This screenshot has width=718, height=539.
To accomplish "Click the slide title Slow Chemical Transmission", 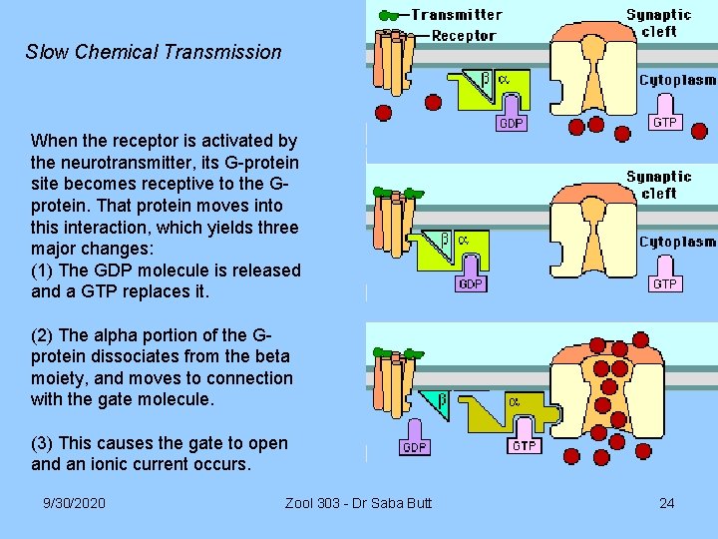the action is coord(154,52).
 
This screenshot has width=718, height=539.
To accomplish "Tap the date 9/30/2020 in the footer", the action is coord(74,502).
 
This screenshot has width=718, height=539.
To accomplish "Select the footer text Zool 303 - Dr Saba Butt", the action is coord(358,502).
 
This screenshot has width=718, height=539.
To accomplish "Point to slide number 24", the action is coord(666,502).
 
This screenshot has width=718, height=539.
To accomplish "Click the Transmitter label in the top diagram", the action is coord(457,15).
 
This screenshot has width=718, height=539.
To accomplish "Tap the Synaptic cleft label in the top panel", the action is coord(658,23).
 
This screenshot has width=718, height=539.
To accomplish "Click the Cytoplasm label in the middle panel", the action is coord(677,242).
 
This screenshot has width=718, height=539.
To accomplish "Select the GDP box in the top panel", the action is coord(511,124).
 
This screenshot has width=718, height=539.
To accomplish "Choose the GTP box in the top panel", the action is coord(664,121).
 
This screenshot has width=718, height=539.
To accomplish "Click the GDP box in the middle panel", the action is coord(470,284).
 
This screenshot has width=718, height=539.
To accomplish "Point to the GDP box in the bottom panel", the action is coord(415,447).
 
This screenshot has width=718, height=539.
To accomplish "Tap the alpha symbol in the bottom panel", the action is coord(515,401).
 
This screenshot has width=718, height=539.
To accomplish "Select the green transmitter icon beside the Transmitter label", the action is coord(392,15).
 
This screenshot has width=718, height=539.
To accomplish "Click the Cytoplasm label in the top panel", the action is coord(677,80).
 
